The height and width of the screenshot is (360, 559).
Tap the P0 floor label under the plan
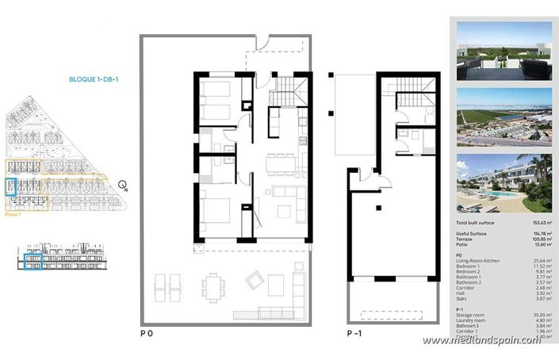click(147, 334)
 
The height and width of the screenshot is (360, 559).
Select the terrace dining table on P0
click(212, 285)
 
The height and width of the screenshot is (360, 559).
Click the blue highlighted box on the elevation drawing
click(31, 262)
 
